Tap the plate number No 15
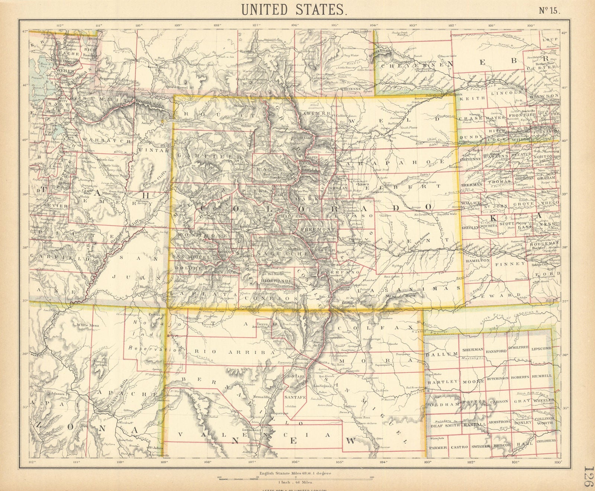coord(548,10)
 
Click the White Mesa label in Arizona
coord(89,325)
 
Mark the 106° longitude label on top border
coord(296,26)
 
